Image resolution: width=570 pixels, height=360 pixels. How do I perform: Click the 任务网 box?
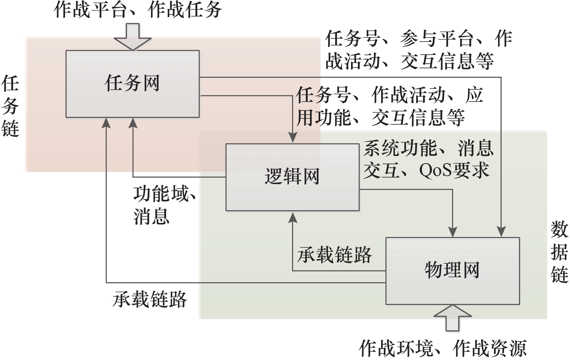click(x=132, y=84)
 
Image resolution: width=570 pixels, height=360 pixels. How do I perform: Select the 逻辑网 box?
click(x=292, y=177)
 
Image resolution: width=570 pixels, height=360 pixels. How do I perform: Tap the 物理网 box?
click(x=452, y=271)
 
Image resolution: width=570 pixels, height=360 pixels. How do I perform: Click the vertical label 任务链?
click(x=10, y=106)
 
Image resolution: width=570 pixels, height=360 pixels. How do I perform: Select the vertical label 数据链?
click(x=559, y=252)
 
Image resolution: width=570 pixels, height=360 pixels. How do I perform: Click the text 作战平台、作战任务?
click(x=138, y=10)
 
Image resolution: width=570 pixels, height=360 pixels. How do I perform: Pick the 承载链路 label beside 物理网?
click(x=334, y=255)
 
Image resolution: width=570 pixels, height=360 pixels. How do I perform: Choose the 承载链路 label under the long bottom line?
click(x=149, y=300)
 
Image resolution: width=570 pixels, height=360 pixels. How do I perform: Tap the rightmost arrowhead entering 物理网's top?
click(x=501, y=232)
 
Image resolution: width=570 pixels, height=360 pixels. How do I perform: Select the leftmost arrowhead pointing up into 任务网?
click(x=106, y=123)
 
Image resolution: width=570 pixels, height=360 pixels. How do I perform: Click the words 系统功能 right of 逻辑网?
click(x=400, y=148)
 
